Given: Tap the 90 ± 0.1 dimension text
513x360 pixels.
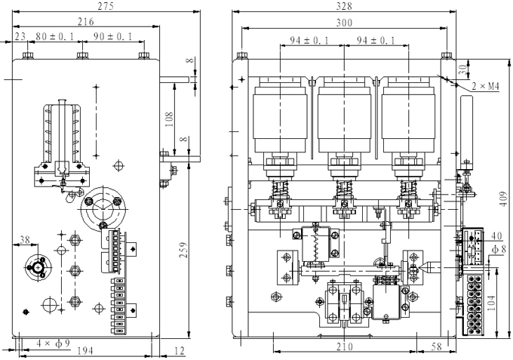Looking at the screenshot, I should [112, 37].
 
